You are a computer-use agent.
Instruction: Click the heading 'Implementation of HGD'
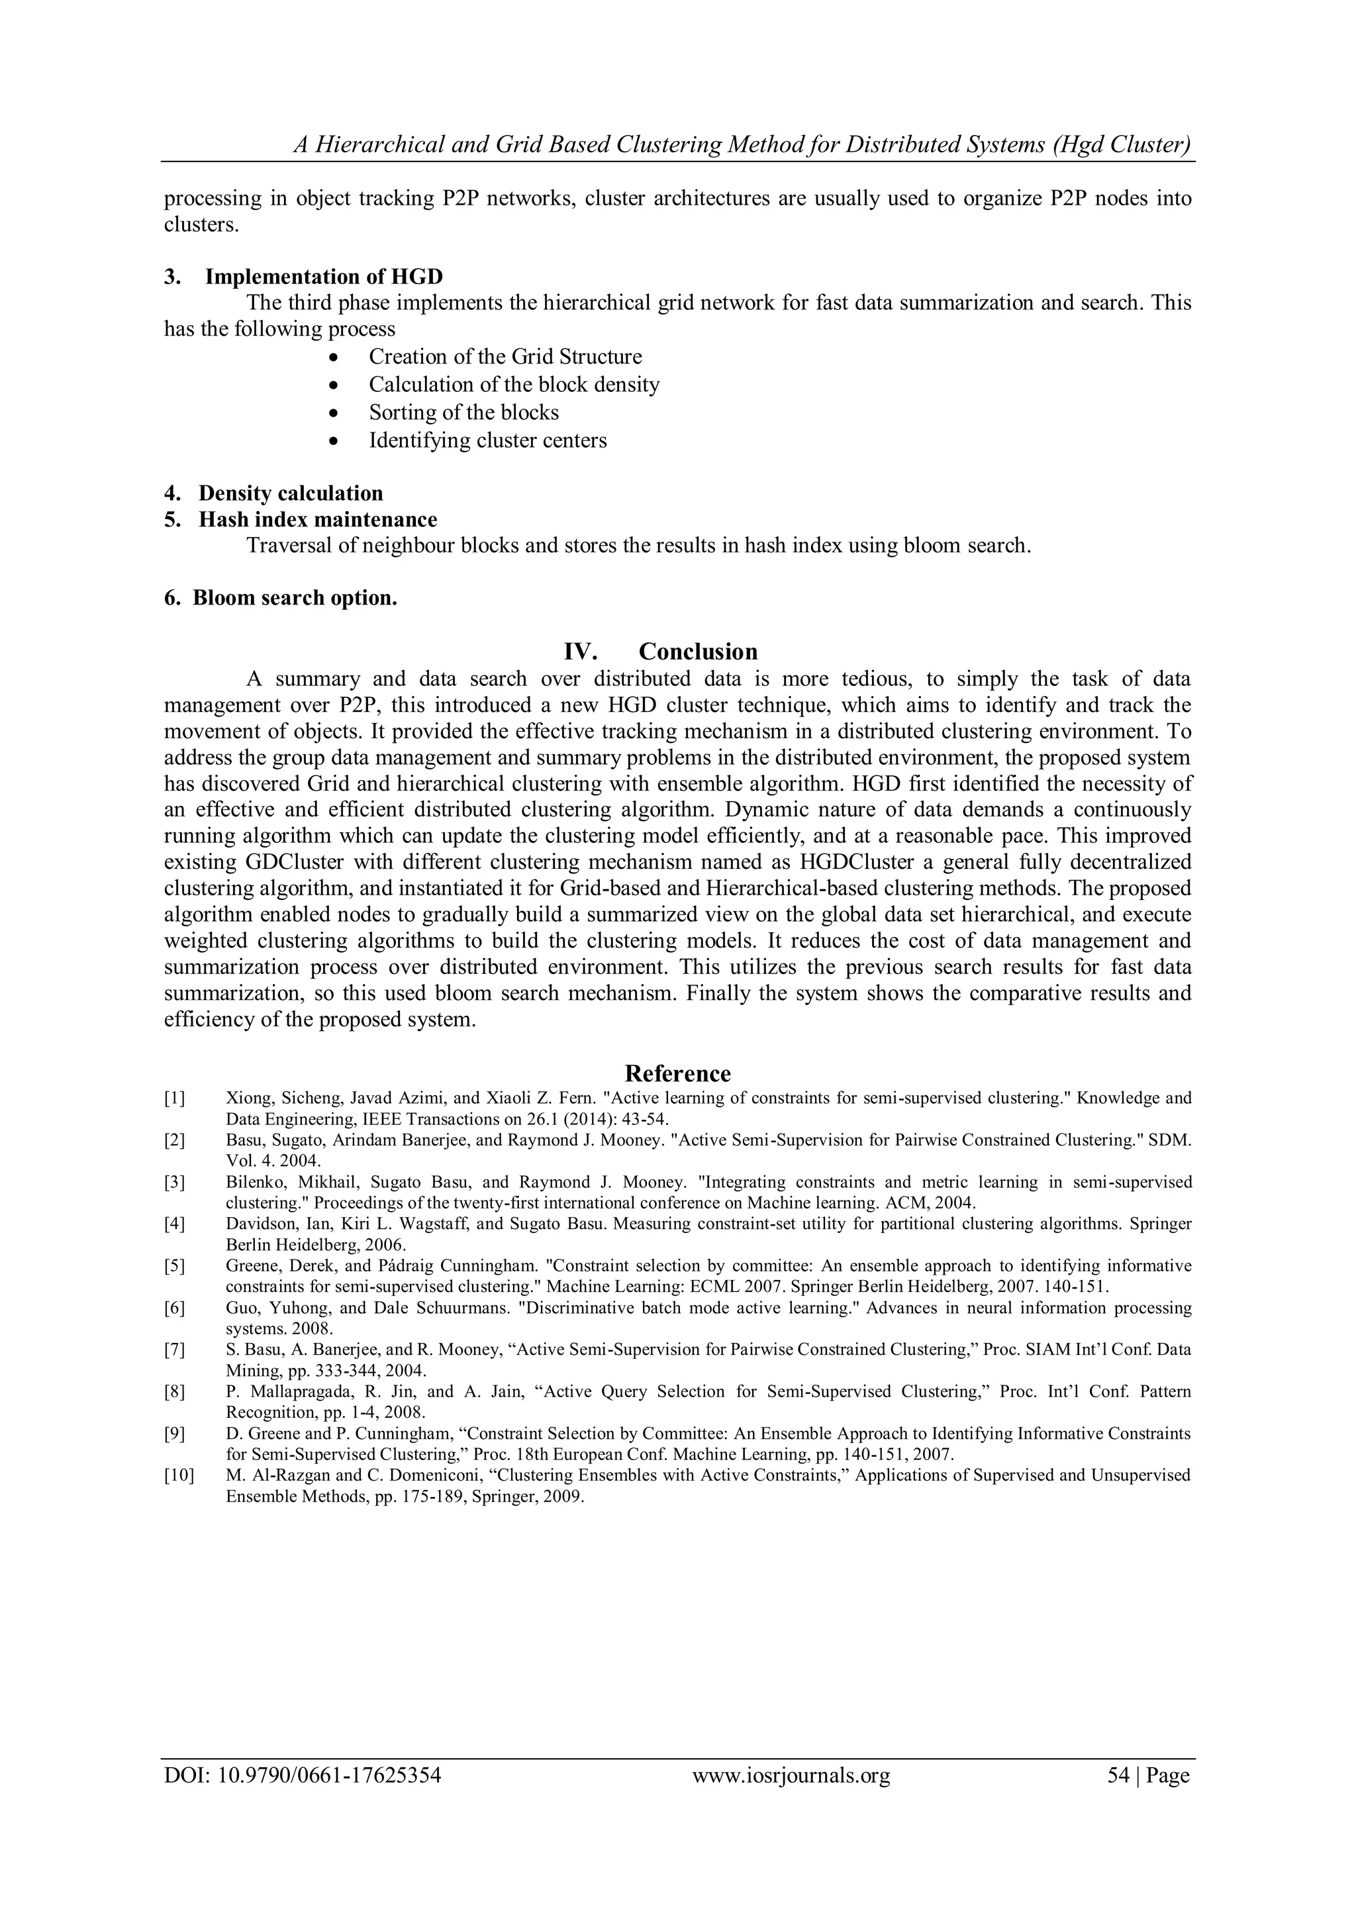[x=324, y=276]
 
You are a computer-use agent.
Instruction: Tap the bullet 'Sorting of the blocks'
[x=463, y=413]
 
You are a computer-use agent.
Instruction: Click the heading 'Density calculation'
[x=291, y=493]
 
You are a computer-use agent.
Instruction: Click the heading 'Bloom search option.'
[x=295, y=598]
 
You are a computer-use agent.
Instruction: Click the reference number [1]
[x=175, y=1098]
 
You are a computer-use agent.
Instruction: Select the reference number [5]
[x=175, y=1266]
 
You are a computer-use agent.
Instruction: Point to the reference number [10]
[x=178, y=1475]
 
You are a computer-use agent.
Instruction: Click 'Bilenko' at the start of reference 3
[x=250, y=1182]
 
